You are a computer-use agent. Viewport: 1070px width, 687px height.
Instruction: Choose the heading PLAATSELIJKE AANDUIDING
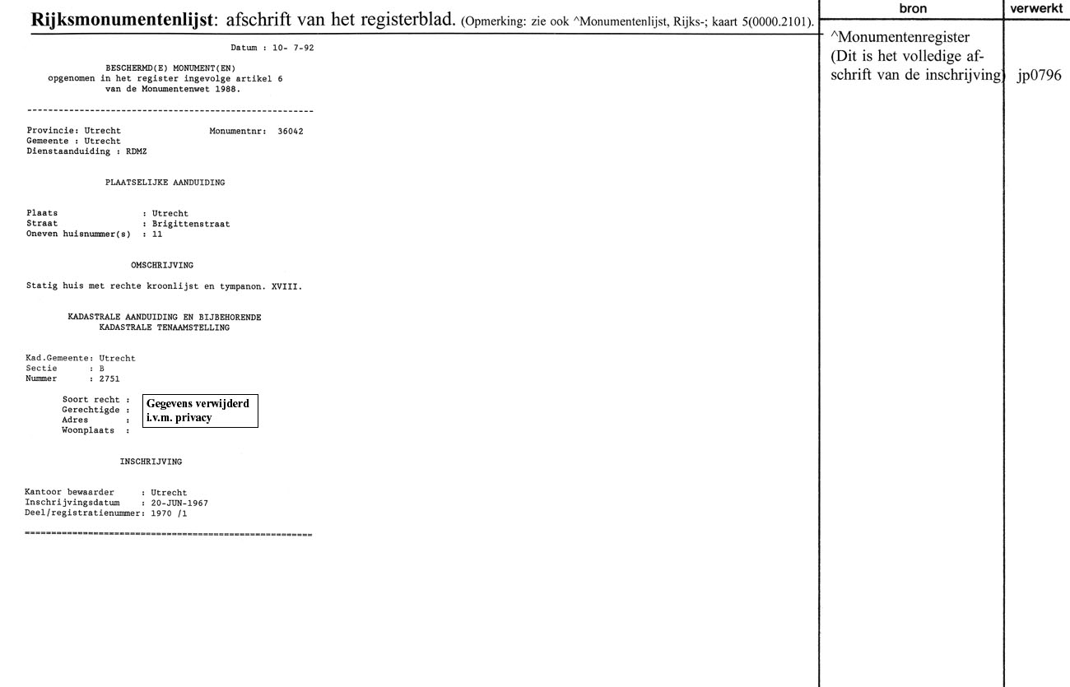pos(165,183)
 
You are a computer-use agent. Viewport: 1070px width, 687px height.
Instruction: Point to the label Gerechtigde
pos(92,410)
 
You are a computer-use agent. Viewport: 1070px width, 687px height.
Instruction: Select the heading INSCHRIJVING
pos(151,462)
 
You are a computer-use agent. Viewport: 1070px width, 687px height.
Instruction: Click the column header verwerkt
pos(1037,7)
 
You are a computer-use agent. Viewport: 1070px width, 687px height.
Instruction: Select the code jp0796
pos(1040,76)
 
